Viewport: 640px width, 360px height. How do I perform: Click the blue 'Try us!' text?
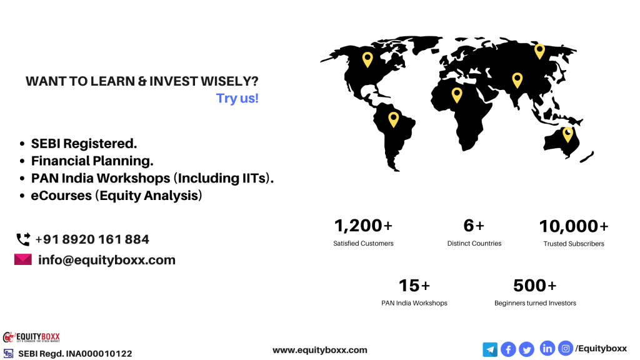click(237, 98)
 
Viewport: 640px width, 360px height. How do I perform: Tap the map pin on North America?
click(367, 59)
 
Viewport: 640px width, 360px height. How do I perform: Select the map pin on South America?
click(394, 119)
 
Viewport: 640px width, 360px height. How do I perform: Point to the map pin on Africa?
click(457, 95)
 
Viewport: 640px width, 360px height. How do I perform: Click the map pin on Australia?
click(567, 134)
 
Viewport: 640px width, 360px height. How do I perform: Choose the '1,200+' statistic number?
click(363, 226)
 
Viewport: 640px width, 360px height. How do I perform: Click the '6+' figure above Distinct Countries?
click(474, 226)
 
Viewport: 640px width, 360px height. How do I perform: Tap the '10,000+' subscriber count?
click(574, 226)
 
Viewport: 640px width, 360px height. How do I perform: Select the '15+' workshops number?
click(414, 286)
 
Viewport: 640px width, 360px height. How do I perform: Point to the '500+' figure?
click(535, 286)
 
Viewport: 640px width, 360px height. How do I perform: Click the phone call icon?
click(23, 239)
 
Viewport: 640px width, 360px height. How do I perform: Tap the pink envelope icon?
click(23, 259)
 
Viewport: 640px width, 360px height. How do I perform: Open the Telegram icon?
click(490, 350)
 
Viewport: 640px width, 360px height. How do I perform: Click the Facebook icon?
click(508, 349)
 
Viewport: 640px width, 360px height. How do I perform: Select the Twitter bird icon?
click(526, 349)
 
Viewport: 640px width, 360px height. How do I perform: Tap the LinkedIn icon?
click(547, 348)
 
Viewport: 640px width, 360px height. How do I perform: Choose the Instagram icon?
click(566, 348)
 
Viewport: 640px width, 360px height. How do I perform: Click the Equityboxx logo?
click(31, 337)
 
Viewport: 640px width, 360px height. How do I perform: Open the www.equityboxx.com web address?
click(320, 350)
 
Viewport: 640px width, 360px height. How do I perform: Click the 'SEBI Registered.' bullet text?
click(84, 144)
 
